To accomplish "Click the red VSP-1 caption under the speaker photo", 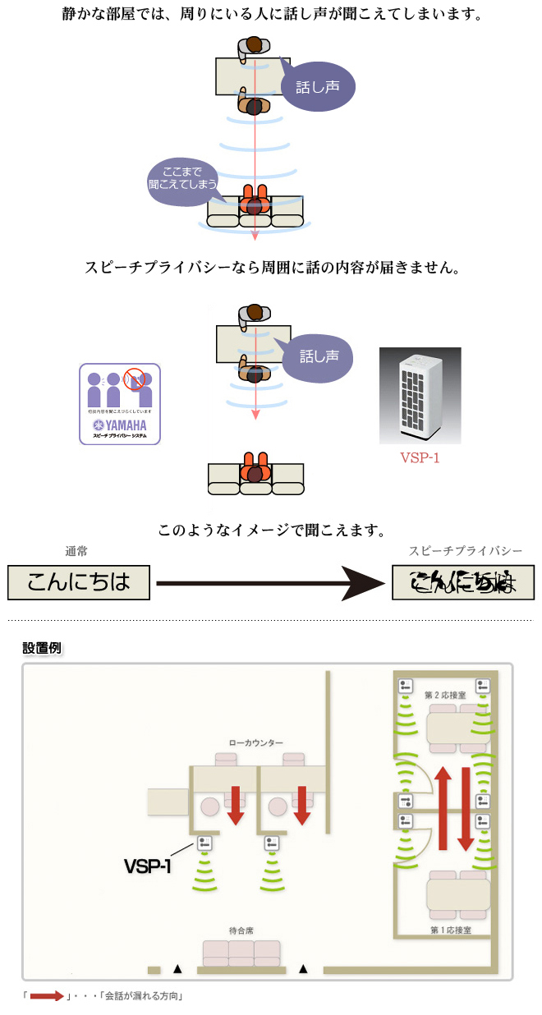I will tap(419, 458).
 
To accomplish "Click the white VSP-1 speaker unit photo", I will tap(420, 396).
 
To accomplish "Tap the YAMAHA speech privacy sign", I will tap(120, 404).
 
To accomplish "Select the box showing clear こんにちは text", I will tap(80, 581).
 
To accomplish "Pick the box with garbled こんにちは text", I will tap(463, 581).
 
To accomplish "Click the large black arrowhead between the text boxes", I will tap(361, 583).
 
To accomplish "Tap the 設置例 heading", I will tap(42, 648).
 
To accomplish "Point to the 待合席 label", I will tap(241, 930).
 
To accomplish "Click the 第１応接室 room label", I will tap(451, 930).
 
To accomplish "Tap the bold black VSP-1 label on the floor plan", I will tap(147, 866).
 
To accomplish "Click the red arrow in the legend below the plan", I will tap(47, 996).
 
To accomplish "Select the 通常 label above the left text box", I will tap(76, 552).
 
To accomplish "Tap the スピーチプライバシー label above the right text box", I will tap(465, 552).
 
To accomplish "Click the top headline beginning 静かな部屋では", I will tap(271, 15).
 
